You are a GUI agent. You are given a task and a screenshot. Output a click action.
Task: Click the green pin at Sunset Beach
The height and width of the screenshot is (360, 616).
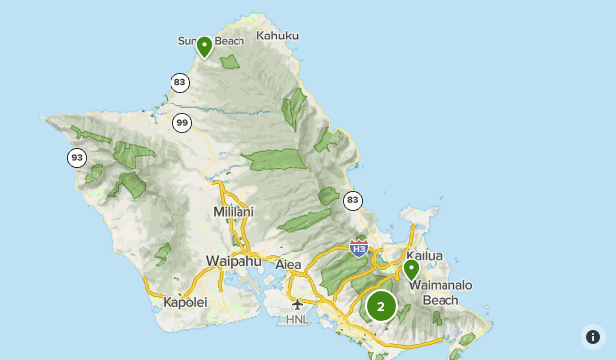coord(204,46)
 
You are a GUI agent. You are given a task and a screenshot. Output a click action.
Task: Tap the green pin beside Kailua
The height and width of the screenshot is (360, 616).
coord(411,268)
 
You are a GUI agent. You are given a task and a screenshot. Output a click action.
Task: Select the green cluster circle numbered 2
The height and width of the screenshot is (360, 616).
coord(381,306)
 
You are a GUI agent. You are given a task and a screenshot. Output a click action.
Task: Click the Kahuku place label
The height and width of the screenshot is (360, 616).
coord(277,36)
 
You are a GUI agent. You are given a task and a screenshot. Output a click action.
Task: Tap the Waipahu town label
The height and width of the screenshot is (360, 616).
coord(231,261)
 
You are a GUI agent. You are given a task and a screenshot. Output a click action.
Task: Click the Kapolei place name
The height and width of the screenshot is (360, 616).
coord(185,302)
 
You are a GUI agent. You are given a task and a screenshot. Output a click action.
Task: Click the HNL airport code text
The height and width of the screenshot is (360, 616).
coord(297,320)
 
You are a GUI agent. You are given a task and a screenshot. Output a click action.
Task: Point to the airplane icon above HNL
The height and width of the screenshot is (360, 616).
coord(297,304)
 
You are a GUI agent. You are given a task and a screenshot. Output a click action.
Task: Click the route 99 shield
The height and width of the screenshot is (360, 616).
coord(182,123)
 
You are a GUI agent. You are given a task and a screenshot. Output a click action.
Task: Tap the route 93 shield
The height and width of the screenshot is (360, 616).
coord(77,157)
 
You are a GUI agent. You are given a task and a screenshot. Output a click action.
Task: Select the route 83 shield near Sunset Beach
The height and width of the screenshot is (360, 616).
coord(178,82)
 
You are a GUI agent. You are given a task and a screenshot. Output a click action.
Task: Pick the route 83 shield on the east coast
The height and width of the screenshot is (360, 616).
coord(352,200)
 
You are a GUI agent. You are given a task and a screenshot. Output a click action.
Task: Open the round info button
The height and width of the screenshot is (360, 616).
coord(592,337)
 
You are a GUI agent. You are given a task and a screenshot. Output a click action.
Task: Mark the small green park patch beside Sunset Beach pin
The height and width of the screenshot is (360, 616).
coord(230,62)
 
